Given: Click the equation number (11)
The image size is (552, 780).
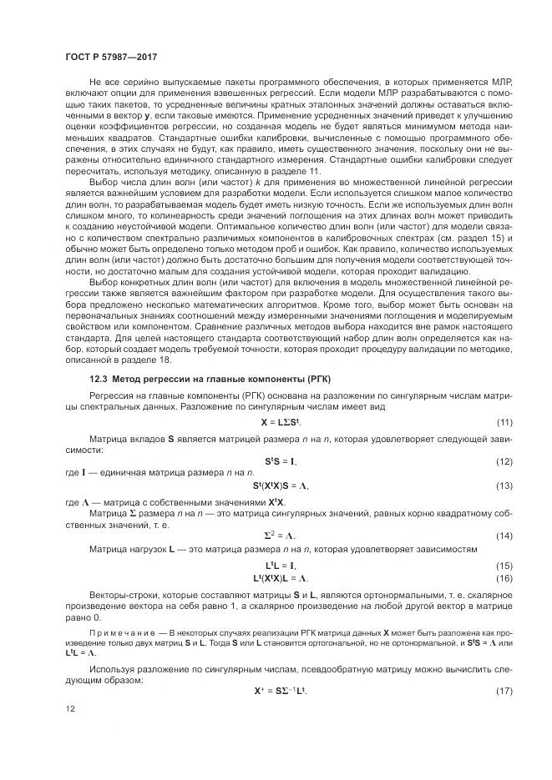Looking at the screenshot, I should coord(504,422).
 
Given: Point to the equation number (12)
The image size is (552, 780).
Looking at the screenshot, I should coord(504,461).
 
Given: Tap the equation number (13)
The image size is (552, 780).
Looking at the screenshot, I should coord(504,486).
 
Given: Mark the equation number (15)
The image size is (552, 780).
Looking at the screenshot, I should coord(504,566).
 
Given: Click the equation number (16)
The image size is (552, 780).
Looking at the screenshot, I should coord(504,577).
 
